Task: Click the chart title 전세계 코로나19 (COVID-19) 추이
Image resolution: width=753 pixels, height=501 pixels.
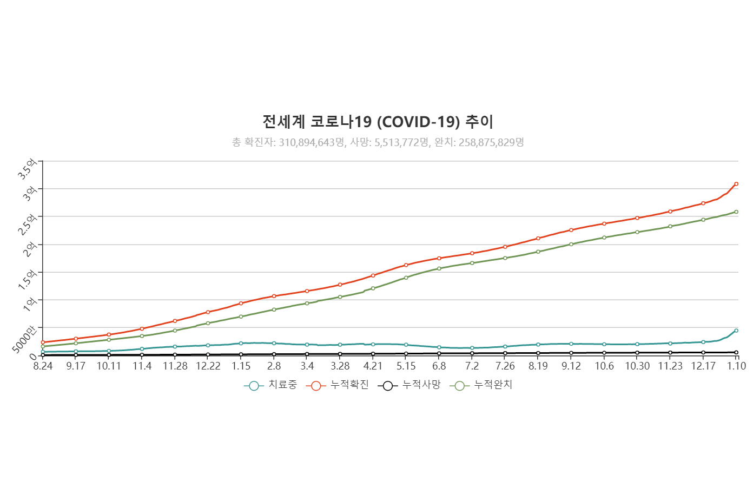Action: click(378, 122)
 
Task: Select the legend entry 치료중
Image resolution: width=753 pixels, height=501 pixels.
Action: click(270, 385)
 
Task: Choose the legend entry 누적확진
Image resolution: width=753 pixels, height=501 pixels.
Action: click(338, 385)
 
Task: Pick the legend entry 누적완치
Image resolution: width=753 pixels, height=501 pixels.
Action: click(481, 385)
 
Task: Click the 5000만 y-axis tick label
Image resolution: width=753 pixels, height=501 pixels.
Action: click(25, 340)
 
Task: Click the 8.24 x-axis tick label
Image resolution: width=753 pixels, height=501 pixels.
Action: click(43, 366)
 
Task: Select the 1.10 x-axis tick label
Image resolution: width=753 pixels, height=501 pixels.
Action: click(736, 366)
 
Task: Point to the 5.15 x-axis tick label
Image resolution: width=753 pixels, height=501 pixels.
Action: click(406, 366)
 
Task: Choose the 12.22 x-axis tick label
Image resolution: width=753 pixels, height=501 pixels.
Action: click(208, 366)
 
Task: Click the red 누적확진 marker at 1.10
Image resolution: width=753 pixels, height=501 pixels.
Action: click(736, 184)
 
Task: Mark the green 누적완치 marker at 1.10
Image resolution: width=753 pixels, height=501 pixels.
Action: click(736, 212)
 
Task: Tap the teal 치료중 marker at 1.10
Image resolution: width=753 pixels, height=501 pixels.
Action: click(736, 331)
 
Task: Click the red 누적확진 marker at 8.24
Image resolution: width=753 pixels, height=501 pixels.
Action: click(43, 342)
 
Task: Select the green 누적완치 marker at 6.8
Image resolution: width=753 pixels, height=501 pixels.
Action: click(439, 268)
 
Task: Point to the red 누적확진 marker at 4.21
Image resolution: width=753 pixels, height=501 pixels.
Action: click(373, 275)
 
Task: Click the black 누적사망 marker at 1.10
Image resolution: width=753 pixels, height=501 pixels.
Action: click(736, 353)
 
